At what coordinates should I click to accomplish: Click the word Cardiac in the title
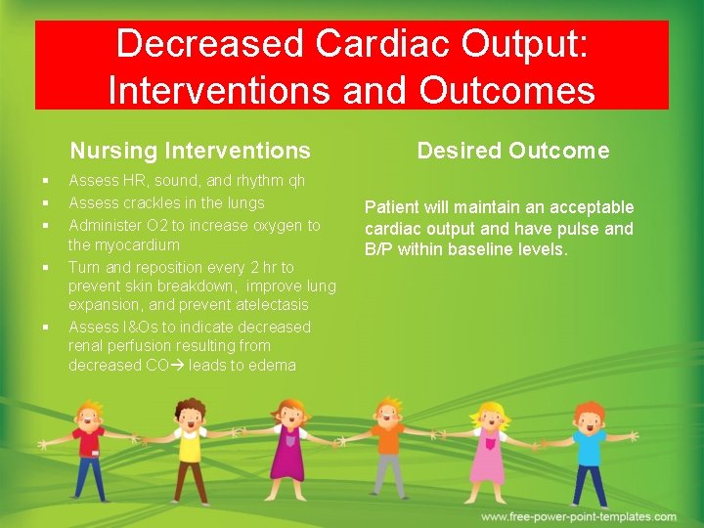[x=385, y=44]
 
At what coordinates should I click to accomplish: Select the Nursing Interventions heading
[x=190, y=151]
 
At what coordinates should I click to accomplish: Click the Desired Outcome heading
[x=512, y=151]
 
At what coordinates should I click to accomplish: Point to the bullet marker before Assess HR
[x=46, y=181]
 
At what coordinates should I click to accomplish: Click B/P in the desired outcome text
[x=376, y=249]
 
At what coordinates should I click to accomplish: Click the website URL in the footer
[x=578, y=516]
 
